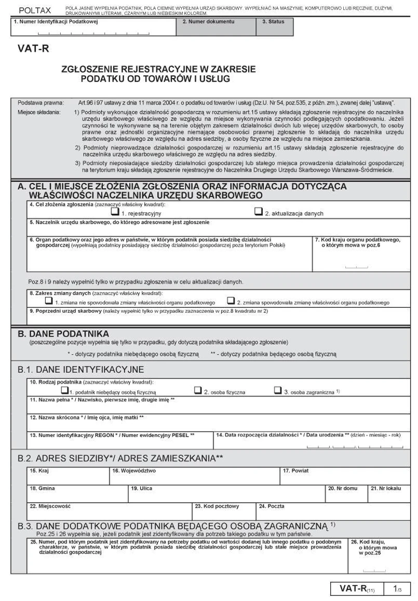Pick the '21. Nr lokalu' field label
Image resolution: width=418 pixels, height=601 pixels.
(383, 488)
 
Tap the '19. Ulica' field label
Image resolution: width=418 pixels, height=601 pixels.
(141, 488)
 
